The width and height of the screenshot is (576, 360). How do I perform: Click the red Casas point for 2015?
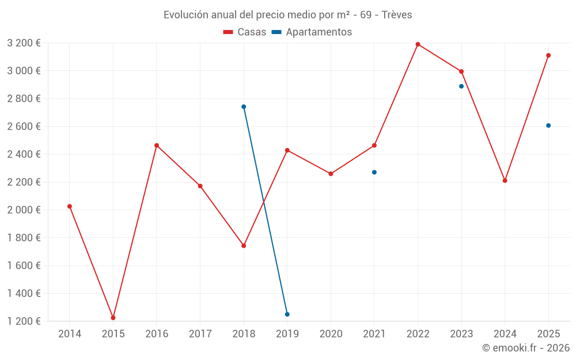pos(113,317)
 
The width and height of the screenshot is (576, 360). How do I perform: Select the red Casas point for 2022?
pos(418,44)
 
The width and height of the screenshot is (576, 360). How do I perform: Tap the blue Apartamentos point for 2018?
pos(244,107)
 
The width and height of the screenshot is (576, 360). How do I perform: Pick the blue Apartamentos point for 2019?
pos(287,314)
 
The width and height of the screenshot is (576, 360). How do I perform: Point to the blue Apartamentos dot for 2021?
pos(374,172)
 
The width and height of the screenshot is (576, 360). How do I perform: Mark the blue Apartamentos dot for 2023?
pos(461,86)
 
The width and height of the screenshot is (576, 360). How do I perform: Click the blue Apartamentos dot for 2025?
pos(548,126)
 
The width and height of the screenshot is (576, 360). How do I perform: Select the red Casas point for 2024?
pos(505,181)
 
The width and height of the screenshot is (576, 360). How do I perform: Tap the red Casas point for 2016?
pos(157,145)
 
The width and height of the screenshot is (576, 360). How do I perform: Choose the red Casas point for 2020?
pos(331,173)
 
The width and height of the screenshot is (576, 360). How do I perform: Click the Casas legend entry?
pos(245,32)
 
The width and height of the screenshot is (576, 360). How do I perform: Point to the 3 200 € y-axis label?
pos(24,43)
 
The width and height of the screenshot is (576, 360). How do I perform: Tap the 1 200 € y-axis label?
pos(24,321)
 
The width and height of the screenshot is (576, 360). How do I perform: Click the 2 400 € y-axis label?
pos(24,154)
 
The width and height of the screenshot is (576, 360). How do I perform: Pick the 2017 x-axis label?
pos(200,334)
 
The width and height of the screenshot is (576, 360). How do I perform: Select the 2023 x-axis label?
pos(461,334)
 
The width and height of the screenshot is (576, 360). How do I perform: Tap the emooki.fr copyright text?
pos(526,348)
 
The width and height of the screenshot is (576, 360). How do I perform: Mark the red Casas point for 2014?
pos(70,206)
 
